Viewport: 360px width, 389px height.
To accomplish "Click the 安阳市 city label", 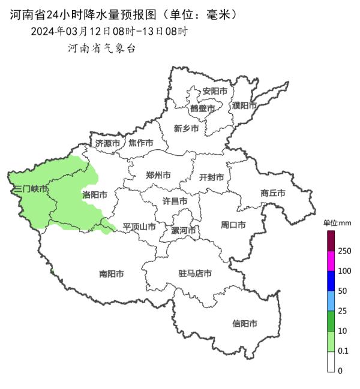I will coord(215,91).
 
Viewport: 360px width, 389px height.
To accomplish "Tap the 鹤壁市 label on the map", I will coord(202,108).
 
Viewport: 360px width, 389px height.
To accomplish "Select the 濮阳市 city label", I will coord(244,105).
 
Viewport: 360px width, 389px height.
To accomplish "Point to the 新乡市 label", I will coord(186,128).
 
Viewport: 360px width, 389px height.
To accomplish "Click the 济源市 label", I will coord(108,143).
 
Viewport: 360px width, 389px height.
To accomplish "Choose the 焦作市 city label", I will coord(141,143).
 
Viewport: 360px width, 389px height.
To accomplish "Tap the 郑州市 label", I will coord(158,176).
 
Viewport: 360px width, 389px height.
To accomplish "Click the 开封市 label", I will coord(211,177).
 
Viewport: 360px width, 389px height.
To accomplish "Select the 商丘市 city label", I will coord(273,193).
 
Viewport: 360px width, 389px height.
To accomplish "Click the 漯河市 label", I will coord(184,230).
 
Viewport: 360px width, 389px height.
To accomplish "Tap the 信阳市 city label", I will coord(245,324).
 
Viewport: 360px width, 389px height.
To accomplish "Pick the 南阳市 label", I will coord(112,274).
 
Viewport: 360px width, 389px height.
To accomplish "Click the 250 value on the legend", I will coord(344,251).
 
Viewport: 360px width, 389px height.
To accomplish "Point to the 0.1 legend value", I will coord(343,351).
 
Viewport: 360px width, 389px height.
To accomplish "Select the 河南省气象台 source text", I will coord(101,49).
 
